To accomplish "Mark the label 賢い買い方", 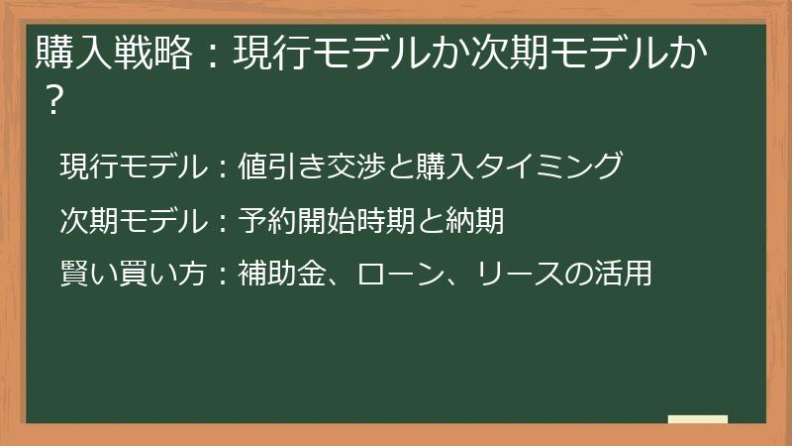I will tap(129, 274).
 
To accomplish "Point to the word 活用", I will tap(628, 274).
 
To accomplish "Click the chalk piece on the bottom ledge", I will tap(697, 419).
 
